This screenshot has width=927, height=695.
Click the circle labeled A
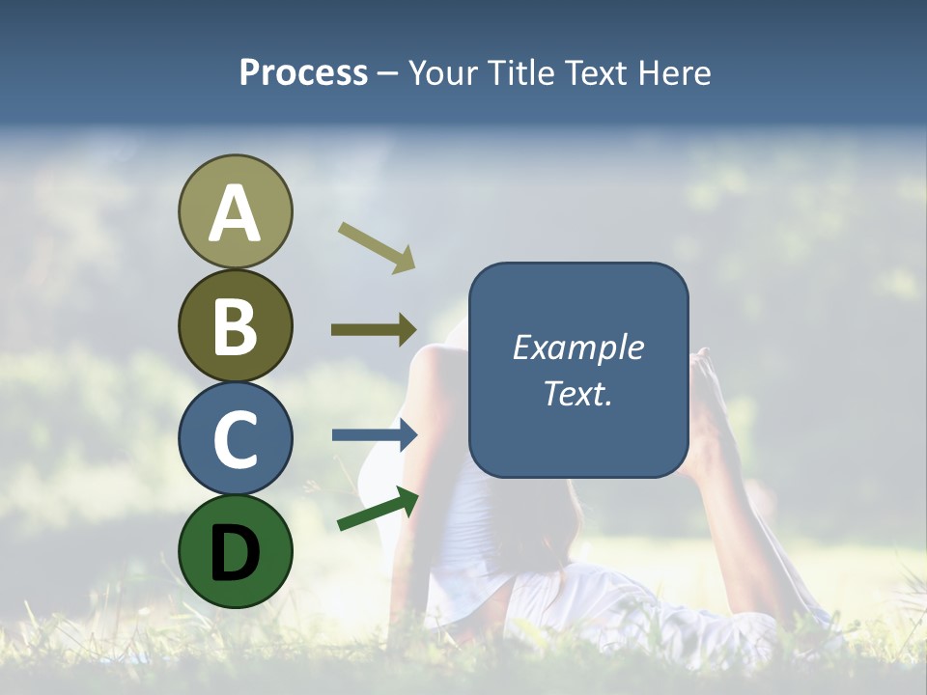pos(235,211)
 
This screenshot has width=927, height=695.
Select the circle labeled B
pos(235,325)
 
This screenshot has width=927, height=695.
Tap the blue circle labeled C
pos(235,438)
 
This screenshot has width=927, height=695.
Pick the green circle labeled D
pos(235,551)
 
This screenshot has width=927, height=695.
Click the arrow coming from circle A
pos(377,247)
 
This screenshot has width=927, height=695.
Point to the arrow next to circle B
pos(374,330)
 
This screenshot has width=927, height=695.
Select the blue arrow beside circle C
pos(375,435)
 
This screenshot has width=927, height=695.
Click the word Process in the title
pos(303,73)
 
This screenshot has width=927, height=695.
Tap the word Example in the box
pos(577,347)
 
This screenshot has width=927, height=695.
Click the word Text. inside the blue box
pos(577,394)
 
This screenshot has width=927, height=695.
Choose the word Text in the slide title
pos(600,73)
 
